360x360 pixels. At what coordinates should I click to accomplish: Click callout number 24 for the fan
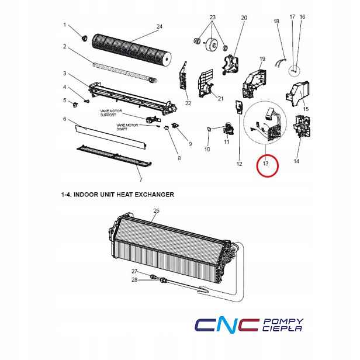click(x=160, y=27)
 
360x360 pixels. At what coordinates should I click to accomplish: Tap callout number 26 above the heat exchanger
click(x=156, y=211)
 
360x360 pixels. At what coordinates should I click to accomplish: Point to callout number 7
click(x=141, y=179)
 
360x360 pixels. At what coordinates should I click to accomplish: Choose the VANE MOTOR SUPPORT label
click(x=111, y=113)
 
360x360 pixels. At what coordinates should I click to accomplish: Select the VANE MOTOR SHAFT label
click(x=127, y=127)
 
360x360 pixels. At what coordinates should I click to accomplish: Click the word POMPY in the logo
click(x=283, y=321)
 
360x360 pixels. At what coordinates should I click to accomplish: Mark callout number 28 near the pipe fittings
click(x=134, y=279)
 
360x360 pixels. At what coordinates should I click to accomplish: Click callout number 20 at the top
click(x=244, y=18)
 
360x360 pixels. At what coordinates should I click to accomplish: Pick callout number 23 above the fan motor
click(x=213, y=17)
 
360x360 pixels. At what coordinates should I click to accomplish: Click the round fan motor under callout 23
click(x=212, y=44)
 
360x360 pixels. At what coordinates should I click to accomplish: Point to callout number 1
click(x=64, y=25)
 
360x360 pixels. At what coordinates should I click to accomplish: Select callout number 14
click(x=296, y=161)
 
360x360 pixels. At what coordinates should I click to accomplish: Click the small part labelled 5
click(x=75, y=105)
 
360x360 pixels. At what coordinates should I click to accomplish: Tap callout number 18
click(x=276, y=21)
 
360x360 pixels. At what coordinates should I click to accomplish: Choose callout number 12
click(x=239, y=164)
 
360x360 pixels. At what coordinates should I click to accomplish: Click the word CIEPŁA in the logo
click(x=282, y=328)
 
